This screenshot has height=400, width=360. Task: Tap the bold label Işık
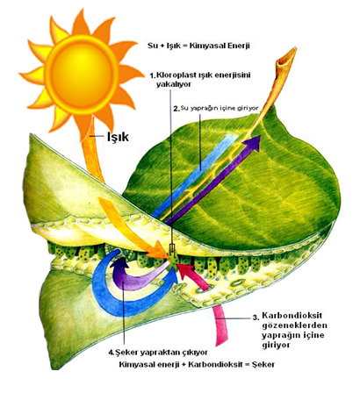point(118,137)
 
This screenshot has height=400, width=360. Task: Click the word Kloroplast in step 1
point(174,75)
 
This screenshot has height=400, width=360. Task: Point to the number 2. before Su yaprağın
point(176,109)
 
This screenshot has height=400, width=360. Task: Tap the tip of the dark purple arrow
point(260,136)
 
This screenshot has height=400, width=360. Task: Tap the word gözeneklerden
point(294,325)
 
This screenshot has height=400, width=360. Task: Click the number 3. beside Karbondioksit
point(256,318)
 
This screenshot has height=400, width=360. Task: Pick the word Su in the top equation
point(152,46)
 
